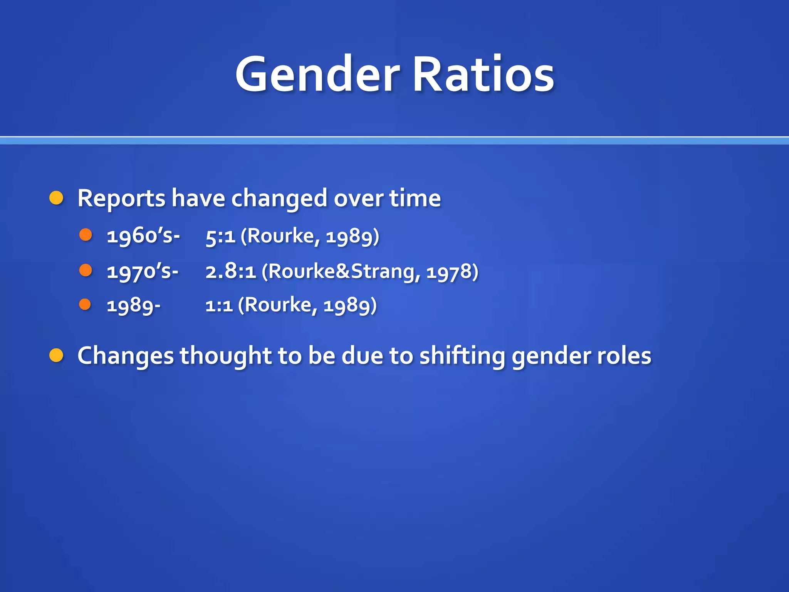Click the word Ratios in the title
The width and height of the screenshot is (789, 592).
483,74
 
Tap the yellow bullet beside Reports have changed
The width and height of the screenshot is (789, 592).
56,198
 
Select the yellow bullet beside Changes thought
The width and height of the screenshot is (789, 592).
56,355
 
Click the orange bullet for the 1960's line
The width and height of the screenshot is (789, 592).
86,234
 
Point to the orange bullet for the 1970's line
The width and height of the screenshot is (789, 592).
86,270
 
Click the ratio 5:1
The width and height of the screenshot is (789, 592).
220,236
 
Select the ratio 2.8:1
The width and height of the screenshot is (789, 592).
230,271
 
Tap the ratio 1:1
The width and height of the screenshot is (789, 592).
219,306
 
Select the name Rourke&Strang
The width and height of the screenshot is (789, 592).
341,271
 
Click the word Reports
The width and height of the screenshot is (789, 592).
121,199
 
